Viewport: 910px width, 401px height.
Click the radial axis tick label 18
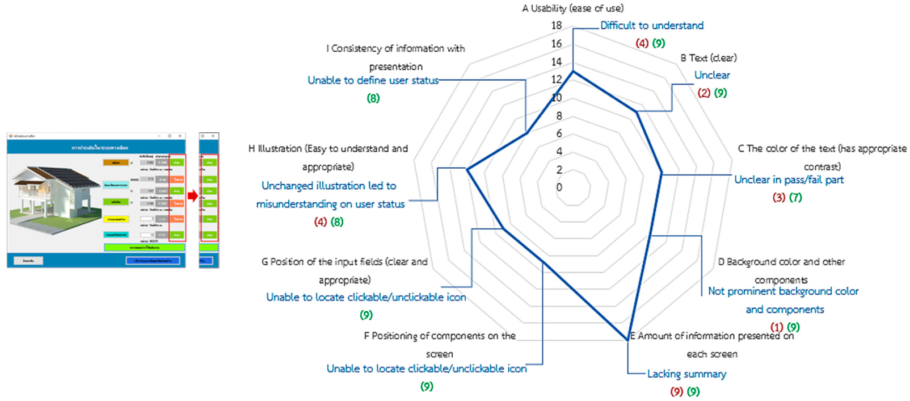coord(556,26)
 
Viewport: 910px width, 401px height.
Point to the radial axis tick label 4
coord(559,152)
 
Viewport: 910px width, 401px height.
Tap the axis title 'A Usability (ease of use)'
coord(572,9)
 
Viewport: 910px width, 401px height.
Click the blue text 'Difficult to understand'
coord(652,26)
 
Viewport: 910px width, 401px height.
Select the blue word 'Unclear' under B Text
coord(712,75)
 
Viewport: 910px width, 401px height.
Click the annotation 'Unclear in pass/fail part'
coord(789,179)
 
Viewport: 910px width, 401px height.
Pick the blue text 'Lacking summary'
coord(686,374)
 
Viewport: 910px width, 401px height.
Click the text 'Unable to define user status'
coord(373,80)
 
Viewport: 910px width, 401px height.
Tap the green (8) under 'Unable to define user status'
coord(373,98)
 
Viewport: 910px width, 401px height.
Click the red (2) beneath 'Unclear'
coord(703,93)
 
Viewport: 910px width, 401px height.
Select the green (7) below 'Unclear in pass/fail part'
coord(795,198)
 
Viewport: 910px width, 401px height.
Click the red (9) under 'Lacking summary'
coord(676,391)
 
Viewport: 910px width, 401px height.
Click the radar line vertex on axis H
coord(466,169)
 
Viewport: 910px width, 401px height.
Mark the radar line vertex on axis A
coord(573,72)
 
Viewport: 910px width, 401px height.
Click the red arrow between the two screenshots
coord(192,196)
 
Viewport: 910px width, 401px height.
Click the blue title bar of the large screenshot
coord(96,147)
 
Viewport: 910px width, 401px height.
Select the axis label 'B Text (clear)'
coord(708,58)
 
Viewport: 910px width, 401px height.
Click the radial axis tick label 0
coord(559,187)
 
